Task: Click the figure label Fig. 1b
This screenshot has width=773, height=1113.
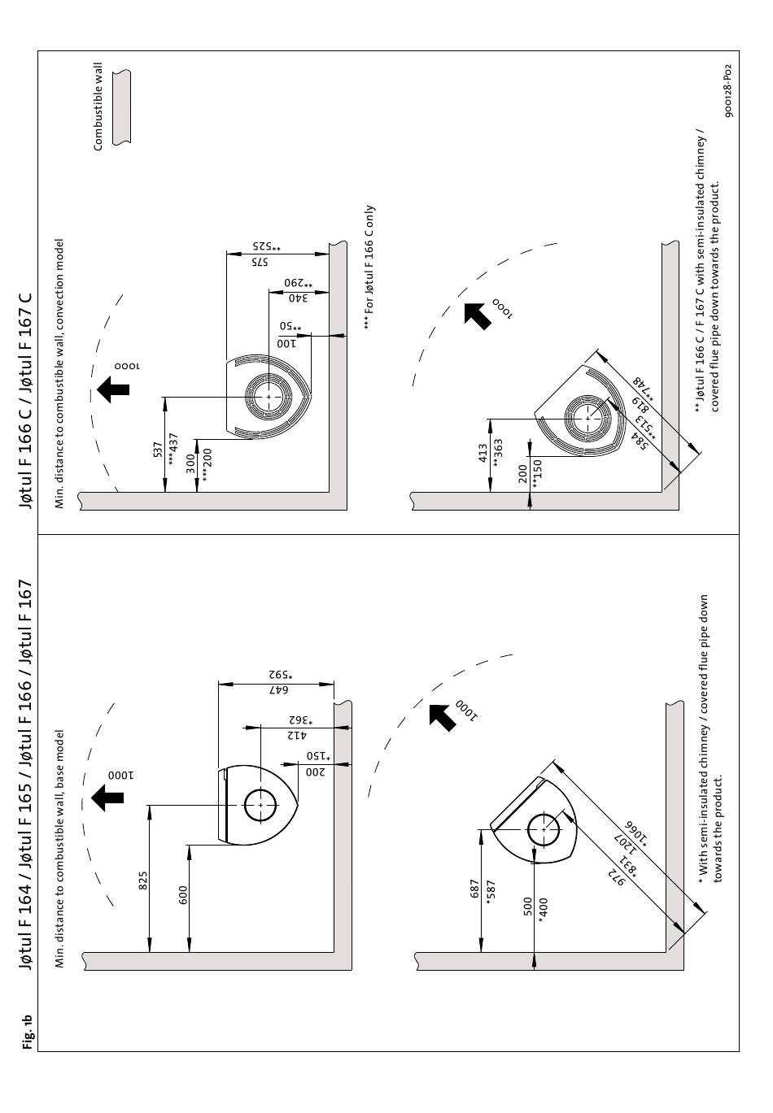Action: point(28,1031)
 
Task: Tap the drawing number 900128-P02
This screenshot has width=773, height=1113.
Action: point(727,91)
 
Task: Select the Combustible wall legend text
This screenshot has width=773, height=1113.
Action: point(99,107)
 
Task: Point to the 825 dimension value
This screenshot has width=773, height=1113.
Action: point(142,880)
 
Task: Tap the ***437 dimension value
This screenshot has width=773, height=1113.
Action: point(172,448)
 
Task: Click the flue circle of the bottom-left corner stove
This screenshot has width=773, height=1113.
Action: point(543,831)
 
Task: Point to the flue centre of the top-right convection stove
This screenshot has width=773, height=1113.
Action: point(266,397)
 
